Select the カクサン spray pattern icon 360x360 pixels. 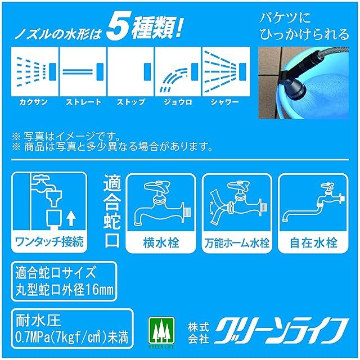point(35,71)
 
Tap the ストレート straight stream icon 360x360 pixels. point(83,71)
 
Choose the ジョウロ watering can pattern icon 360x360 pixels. point(178,71)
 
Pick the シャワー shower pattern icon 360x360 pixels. point(226,71)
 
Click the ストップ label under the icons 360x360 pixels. point(131,102)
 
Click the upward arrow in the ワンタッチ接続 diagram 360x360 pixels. point(71,218)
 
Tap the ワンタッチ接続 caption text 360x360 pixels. point(49,242)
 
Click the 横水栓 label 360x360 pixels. point(161,242)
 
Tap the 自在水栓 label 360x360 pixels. point(313,242)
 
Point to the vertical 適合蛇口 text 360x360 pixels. point(112,211)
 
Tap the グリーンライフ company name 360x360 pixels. point(281,331)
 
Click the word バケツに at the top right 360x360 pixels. point(285,17)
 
